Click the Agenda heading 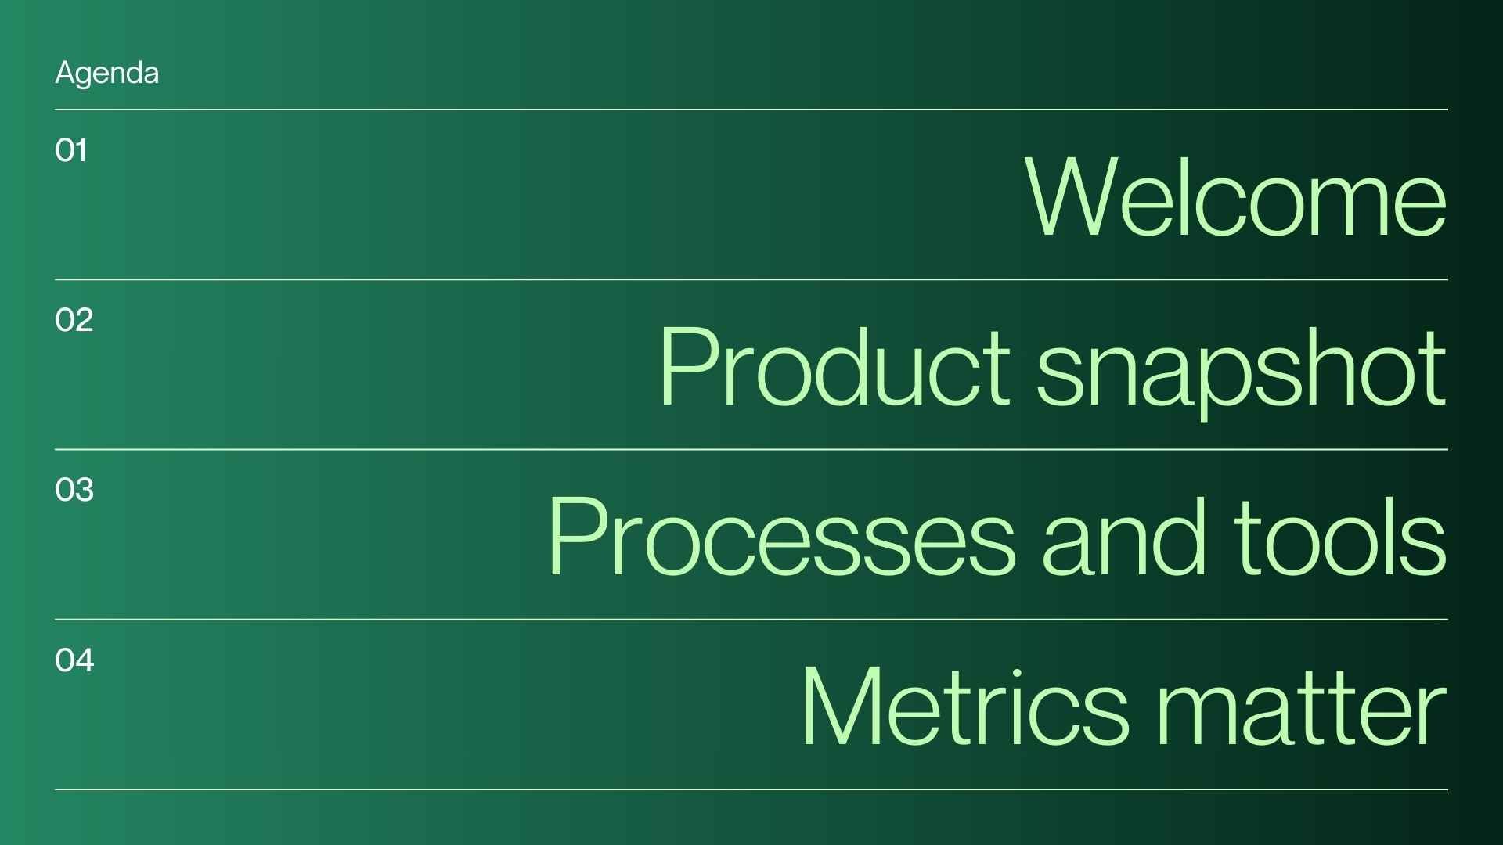[106, 74]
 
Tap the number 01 [71, 150]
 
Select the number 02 [74, 320]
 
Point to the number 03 [74, 490]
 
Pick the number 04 [74, 660]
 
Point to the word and [1124, 537]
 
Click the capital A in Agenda [64, 74]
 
